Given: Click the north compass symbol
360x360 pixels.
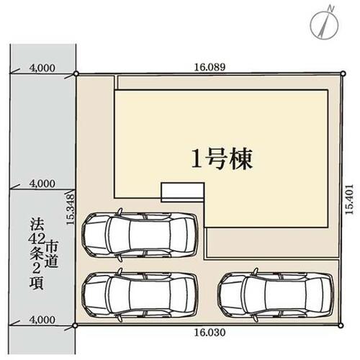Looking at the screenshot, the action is point(325,24).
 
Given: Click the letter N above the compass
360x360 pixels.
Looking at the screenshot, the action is point(331,9).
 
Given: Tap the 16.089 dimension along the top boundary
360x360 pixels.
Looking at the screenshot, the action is point(210,67).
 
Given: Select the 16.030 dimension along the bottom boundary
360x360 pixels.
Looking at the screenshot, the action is point(210,333).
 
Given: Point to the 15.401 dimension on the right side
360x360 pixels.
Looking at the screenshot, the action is point(350,199).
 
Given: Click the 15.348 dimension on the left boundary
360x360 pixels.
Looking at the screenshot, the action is point(71,210).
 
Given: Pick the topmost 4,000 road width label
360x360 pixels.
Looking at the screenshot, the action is point(42,68).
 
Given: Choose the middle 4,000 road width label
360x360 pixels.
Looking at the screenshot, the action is point(42,184).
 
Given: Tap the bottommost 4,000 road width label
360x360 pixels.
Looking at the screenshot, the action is point(42,320).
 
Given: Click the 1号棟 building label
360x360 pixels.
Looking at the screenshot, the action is point(222,159).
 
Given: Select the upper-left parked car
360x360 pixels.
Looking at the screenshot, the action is point(140,235).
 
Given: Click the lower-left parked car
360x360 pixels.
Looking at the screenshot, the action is point(140,295).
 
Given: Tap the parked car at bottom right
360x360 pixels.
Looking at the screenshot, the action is point(276,295).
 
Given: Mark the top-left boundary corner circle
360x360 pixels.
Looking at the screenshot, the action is point(76,73).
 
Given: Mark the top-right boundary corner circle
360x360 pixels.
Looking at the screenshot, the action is point(343,73).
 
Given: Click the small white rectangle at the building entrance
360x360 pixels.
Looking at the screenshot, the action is point(183,191).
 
